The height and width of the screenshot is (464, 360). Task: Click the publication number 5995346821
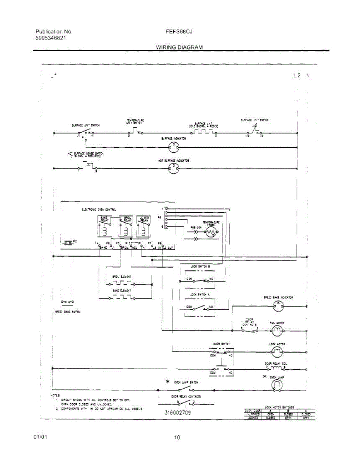pyautogui.click(x=52, y=38)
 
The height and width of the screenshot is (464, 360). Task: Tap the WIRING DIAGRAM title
pyautogui.click(x=179, y=47)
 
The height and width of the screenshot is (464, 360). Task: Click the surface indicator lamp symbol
pyautogui.click(x=174, y=147)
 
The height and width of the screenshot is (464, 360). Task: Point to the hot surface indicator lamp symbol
pyautogui.click(x=174, y=168)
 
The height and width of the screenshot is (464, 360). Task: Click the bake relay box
pyautogui.click(x=105, y=226)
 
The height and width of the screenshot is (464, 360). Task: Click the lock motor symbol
pyautogui.click(x=277, y=352)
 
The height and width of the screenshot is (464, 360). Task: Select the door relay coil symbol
pyautogui.click(x=277, y=368)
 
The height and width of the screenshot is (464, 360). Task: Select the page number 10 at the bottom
pyautogui.click(x=177, y=438)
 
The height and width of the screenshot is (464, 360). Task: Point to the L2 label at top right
pyautogui.click(x=297, y=76)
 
